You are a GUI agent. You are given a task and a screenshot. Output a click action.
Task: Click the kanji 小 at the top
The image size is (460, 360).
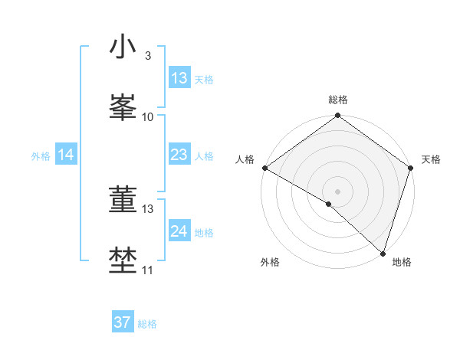point(123,47)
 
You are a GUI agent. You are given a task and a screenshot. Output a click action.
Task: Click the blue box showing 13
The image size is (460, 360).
point(179,78)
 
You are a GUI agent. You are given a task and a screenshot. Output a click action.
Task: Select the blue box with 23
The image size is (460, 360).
point(179,155)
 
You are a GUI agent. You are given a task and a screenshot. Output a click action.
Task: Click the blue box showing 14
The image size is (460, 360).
point(66,155)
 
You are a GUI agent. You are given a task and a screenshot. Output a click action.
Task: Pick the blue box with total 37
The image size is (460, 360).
point(122,322)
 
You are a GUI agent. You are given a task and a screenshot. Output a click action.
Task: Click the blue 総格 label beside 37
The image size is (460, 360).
point(147,324)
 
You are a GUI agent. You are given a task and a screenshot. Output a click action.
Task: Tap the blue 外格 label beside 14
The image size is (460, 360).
point(41,156)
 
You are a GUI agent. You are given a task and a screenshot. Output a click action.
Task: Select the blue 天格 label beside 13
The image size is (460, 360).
point(203,80)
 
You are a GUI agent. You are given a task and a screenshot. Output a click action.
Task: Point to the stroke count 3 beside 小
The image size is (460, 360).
point(147,56)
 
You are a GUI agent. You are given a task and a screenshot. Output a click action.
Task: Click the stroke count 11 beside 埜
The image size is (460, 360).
point(147,270)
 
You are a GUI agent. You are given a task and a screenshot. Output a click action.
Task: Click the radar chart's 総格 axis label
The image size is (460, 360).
point(338,100)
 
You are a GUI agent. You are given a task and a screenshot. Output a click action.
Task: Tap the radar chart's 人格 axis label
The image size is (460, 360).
point(245,159)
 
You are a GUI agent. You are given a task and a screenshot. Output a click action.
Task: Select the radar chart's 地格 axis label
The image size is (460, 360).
point(402,262)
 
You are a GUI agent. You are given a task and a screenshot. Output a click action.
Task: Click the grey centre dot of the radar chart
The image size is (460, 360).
point(338,191)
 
